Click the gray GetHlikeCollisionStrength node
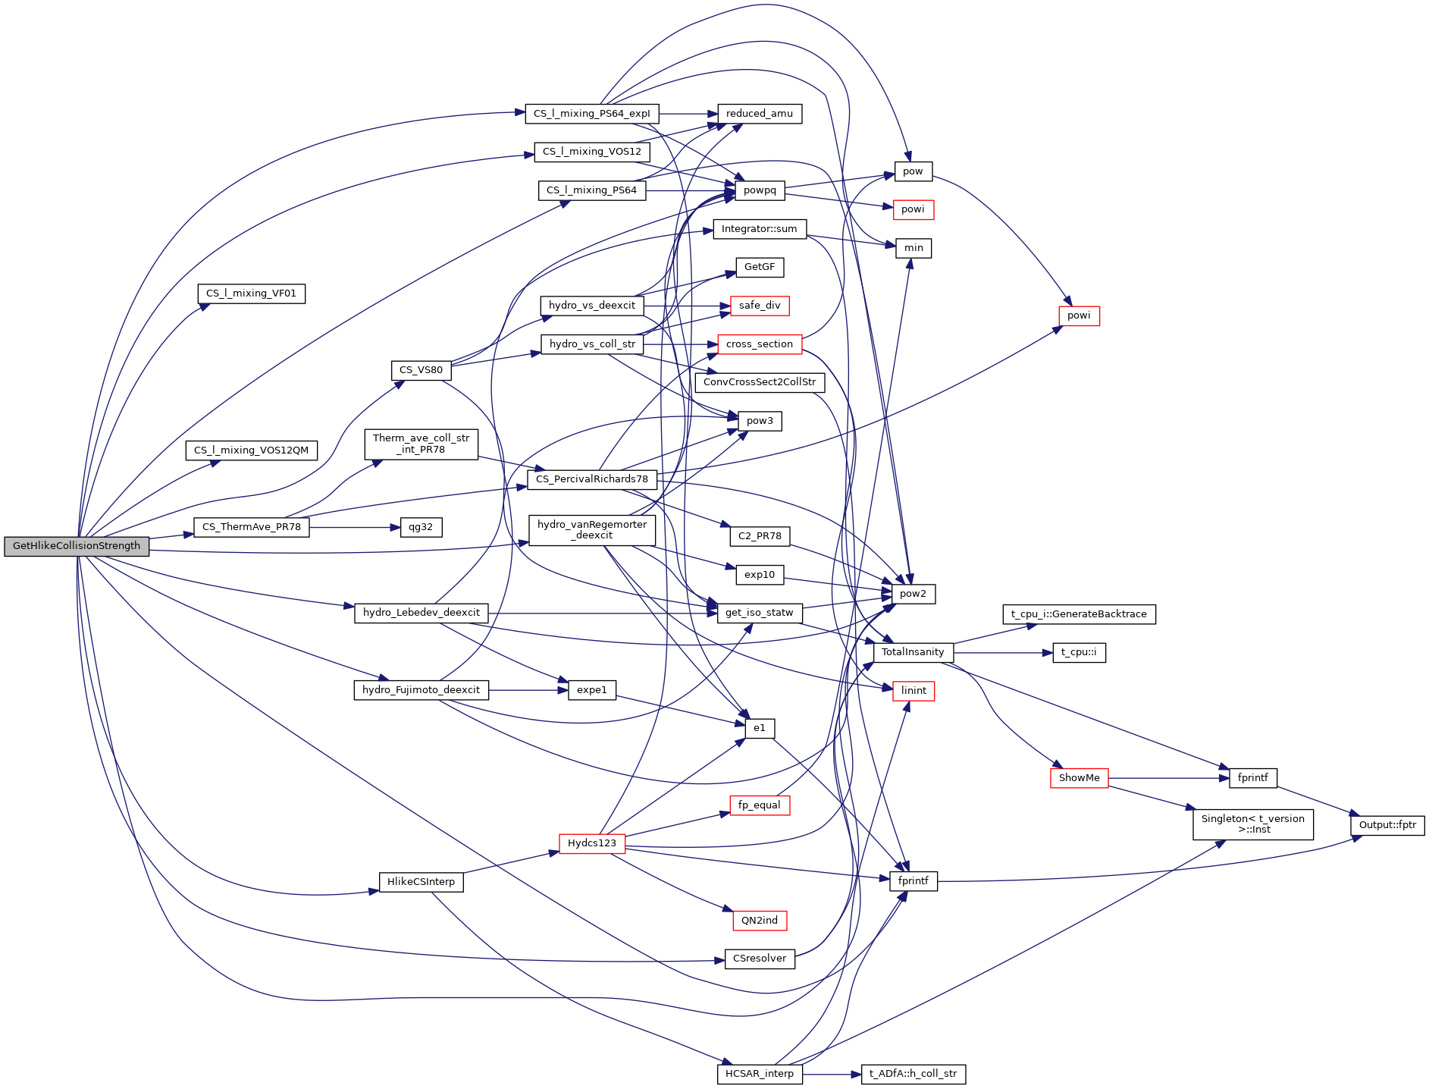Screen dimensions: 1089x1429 [x=77, y=546]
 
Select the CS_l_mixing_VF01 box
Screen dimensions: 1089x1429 [x=252, y=293]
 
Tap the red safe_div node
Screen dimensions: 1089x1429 [x=760, y=306]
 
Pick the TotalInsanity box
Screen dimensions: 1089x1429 [x=913, y=652]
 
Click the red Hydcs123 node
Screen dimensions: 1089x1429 [x=592, y=843]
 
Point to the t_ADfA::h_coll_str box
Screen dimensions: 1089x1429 [x=913, y=1074]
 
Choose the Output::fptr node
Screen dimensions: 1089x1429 [x=1387, y=825]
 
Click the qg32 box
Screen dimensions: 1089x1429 [x=421, y=527]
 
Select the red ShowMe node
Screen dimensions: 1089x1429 [x=1079, y=778]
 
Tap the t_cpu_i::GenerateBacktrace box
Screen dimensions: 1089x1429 [x=1079, y=614]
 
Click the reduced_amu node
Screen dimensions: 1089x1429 [x=760, y=114]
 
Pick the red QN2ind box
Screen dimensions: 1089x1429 [x=760, y=921]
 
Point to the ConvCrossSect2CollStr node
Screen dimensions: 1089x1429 [x=760, y=382]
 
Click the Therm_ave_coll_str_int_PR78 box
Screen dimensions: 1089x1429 [x=421, y=444]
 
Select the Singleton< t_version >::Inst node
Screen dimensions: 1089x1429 [x=1252, y=824]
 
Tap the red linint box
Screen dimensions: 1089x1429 [x=913, y=691]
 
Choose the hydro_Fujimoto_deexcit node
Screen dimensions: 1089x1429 [x=421, y=690]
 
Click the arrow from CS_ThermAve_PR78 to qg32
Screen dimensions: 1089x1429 [x=355, y=527]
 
